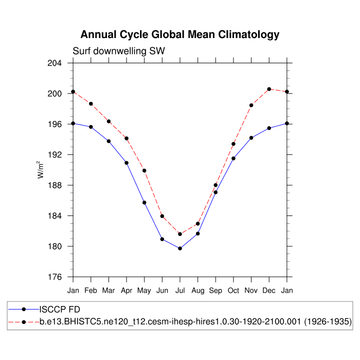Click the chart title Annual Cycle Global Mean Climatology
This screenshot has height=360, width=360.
pyautogui.click(x=180, y=35)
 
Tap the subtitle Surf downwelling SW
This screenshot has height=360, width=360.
pyautogui.click(x=118, y=51)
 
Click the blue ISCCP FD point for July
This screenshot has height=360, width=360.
pyautogui.click(x=180, y=248)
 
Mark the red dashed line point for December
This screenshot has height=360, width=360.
pyautogui.click(x=269, y=89)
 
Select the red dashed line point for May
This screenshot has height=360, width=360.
pyautogui.click(x=145, y=171)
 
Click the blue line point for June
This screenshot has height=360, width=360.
pyautogui.click(x=162, y=239)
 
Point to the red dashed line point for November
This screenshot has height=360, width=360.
pyautogui.click(x=251, y=105)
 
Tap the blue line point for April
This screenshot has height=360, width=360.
pyautogui.click(x=127, y=163)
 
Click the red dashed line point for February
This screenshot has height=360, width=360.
pyautogui.click(x=91, y=104)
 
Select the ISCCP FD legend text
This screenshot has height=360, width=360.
pyautogui.click(x=60, y=310)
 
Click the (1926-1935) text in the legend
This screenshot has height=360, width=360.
pyautogui.click(x=327, y=322)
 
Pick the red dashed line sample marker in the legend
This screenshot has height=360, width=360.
pyautogui.click(x=24, y=322)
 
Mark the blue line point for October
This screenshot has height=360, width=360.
pyautogui.click(x=233, y=158)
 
